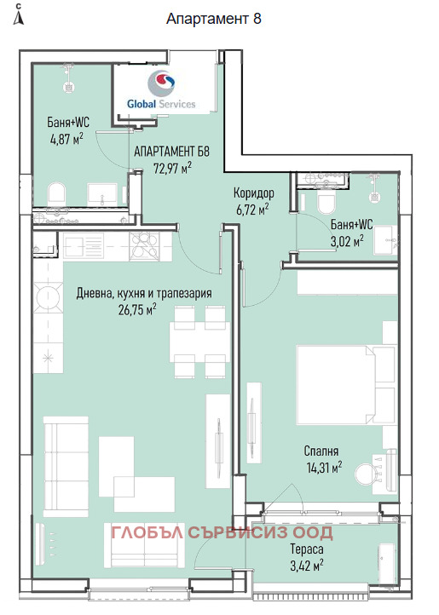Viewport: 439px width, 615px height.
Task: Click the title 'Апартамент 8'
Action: point(214,19)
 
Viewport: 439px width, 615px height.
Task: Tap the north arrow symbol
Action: point(19,14)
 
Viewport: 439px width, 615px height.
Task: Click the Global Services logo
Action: point(161,89)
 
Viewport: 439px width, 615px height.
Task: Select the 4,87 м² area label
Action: point(66,139)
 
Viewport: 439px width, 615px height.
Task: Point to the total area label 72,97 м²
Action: point(172,169)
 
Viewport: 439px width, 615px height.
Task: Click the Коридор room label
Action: point(254,193)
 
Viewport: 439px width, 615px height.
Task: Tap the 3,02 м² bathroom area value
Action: point(347,241)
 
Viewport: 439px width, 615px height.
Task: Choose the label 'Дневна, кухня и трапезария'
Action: point(144,293)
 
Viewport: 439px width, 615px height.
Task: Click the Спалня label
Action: point(321,451)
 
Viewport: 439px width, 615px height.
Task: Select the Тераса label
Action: point(307,549)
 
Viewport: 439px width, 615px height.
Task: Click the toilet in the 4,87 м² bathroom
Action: point(56,194)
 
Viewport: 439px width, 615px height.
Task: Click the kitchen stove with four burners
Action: point(145,246)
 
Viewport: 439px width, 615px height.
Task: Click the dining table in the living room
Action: point(199,342)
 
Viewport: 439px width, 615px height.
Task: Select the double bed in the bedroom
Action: point(346,384)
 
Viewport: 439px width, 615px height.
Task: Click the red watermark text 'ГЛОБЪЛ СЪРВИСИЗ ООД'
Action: point(222,532)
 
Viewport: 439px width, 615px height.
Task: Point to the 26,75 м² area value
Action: point(137,310)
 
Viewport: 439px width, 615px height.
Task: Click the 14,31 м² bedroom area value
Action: point(324,468)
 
